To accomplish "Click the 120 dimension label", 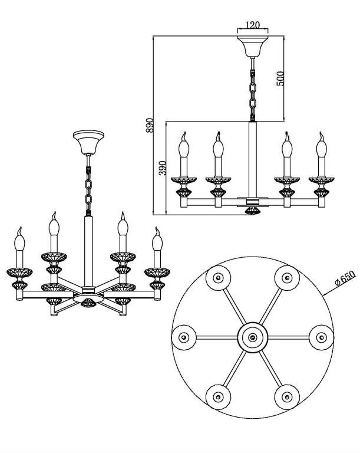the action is pyautogui.click(x=252, y=25).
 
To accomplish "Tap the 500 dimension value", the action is pyautogui.click(x=280, y=78).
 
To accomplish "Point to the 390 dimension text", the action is pyautogui.click(x=163, y=168).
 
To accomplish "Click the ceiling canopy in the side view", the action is pyautogui.click(x=252, y=46).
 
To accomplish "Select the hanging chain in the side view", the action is pyautogui.click(x=252, y=91).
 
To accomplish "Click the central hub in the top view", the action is pyautogui.click(x=253, y=337).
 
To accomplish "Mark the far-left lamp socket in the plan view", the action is pyautogui.click(x=184, y=337).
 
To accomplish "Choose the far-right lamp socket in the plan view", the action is pyautogui.click(x=321, y=337).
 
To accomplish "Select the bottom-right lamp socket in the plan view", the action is pyautogui.click(x=286, y=397).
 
